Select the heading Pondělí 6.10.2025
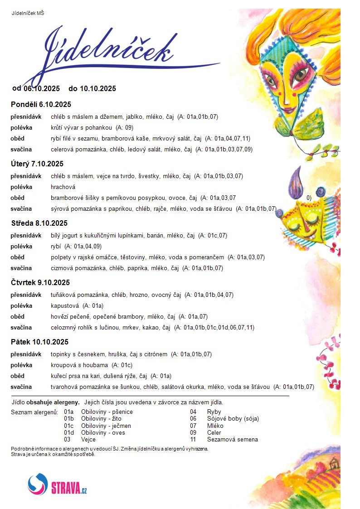[41, 104]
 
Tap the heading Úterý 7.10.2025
[37, 164]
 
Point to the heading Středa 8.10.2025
[39, 223]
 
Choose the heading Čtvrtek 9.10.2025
[40, 282]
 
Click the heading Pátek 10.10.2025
[39, 342]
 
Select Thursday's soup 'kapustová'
[65, 305]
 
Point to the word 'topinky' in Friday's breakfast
[61, 354]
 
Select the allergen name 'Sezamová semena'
[232, 439]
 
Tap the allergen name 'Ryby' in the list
[214, 412]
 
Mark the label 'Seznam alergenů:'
[34, 412]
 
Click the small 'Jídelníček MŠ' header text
[28, 13]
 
